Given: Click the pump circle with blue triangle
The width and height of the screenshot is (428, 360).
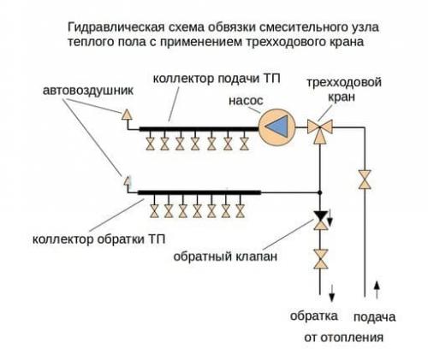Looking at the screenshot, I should pos(276,127).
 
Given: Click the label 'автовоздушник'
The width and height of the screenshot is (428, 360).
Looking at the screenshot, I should pos(82,89).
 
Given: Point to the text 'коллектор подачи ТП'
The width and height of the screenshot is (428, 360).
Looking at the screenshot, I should pos(211,79).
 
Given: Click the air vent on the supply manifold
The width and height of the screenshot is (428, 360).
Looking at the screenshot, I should pos(127,113).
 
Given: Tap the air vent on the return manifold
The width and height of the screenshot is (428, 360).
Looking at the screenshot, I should pos(126,180).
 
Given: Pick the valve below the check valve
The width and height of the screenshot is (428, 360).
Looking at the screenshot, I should pos(321,257).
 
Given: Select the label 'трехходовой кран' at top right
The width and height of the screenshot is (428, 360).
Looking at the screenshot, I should pos(345,91).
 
